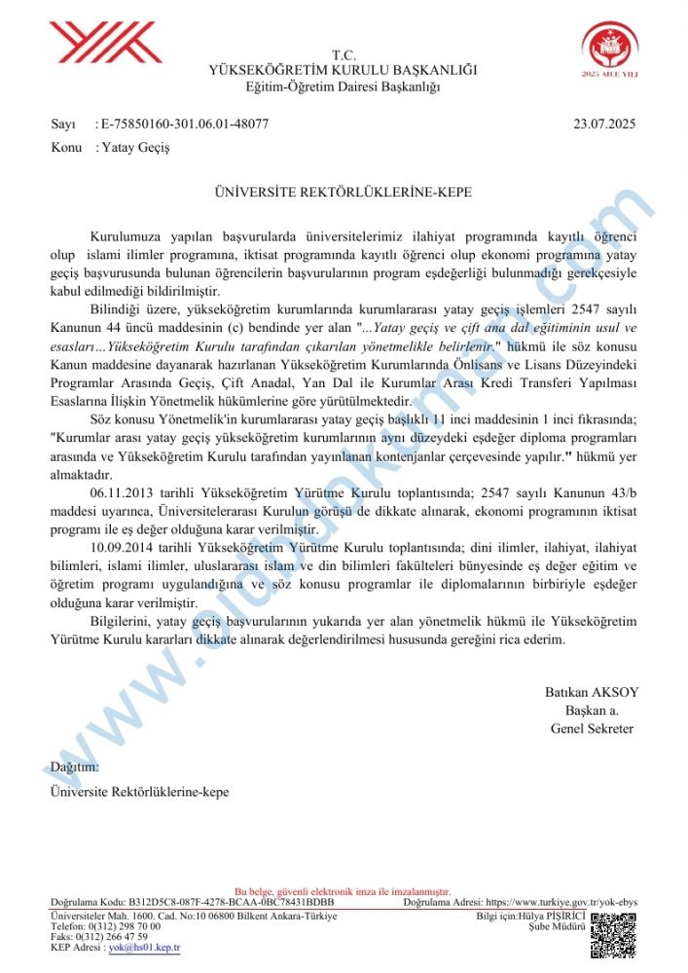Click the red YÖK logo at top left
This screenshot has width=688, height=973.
[105, 43]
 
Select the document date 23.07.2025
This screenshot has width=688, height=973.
[604, 124]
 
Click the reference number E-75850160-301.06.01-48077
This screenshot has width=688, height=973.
[184, 124]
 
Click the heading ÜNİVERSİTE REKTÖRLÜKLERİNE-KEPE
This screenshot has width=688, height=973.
[344, 193]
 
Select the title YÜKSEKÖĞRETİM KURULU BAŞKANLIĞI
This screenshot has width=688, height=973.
[344, 70]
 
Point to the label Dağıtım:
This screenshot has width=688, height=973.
[74, 767]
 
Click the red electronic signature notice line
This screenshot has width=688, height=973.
[343, 891]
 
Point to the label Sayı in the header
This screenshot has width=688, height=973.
[62, 124]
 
